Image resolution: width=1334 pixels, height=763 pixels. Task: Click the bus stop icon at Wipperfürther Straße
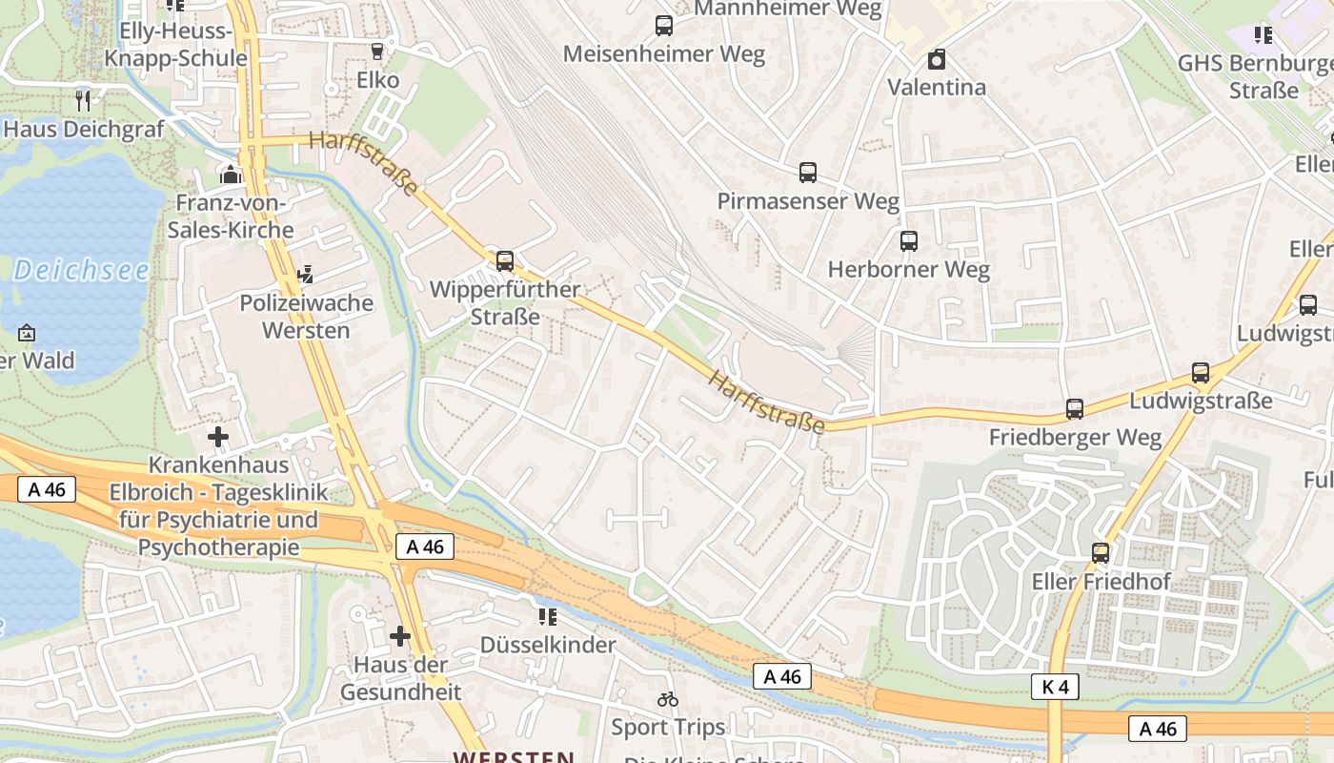coord(505,260)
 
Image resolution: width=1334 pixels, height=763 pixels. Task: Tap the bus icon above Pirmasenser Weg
coord(808,173)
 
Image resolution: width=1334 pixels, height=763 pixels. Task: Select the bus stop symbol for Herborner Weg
coord(909,241)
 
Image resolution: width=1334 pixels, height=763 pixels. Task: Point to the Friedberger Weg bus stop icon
coord(1075,409)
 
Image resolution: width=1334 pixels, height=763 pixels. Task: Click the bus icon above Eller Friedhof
coord(1101,553)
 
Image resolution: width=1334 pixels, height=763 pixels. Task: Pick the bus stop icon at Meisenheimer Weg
coord(664,26)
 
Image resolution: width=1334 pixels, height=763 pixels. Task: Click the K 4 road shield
coord(1055,687)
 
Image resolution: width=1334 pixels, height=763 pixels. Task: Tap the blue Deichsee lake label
coord(81,271)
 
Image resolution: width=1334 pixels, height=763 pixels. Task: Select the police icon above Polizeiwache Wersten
coord(306,276)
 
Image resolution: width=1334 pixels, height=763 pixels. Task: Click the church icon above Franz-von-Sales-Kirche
coord(231,175)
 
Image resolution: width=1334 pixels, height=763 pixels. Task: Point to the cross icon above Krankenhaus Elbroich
coord(218,438)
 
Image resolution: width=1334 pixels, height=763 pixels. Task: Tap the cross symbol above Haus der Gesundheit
coord(400,636)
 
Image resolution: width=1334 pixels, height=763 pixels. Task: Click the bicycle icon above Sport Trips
coord(668,699)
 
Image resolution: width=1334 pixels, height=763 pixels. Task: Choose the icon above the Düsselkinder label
coord(547,617)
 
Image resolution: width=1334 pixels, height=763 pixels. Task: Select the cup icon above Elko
coord(378,52)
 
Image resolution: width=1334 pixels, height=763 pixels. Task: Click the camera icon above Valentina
coord(937,60)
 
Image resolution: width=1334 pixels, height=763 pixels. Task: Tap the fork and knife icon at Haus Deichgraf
coord(84,100)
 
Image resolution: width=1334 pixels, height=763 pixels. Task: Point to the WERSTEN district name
coord(514,756)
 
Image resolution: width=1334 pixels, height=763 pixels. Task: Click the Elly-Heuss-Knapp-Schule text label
coord(175,45)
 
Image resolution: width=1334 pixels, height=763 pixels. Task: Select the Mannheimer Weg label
coord(789,9)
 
